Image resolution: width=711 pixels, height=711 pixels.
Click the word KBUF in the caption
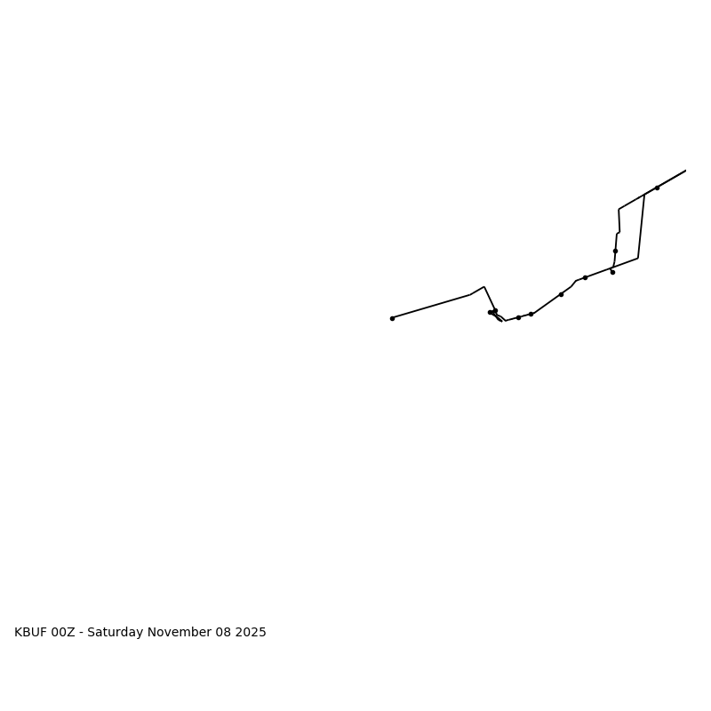point(31,633)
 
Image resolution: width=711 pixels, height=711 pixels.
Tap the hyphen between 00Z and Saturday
point(82,633)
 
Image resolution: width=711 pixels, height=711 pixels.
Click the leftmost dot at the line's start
point(392,318)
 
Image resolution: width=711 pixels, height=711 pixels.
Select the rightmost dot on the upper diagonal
point(657,188)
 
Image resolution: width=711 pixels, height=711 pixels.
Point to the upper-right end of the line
point(685,171)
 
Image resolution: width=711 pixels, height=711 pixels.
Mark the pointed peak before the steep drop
point(483,287)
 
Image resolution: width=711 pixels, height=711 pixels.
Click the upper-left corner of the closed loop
point(619,210)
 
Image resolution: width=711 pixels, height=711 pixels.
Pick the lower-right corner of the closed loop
point(637,258)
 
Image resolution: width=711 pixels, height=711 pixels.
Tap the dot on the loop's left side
point(615,251)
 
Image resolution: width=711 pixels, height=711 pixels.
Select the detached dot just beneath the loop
point(612,272)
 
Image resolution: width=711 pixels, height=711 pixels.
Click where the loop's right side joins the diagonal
point(644,195)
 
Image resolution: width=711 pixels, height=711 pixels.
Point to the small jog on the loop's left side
point(618,233)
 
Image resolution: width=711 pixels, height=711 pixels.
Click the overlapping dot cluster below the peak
point(492,312)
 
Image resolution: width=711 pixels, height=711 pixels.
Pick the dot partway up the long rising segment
point(561,294)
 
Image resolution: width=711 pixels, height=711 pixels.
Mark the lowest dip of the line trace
point(505,320)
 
